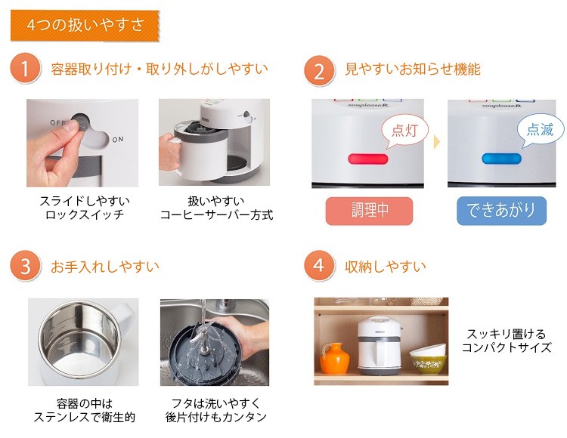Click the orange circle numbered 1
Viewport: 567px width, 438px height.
click(25, 67)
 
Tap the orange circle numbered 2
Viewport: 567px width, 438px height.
click(318, 70)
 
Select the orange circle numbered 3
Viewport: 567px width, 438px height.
click(25, 265)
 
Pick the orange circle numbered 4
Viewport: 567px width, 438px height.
click(318, 265)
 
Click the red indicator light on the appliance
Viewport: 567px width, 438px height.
click(367, 159)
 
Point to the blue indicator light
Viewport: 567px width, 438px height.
click(501, 159)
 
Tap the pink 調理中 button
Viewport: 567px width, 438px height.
click(369, 211)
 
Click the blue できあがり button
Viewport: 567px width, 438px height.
click(501, 211)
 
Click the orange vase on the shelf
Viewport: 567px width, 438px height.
click(334, 358)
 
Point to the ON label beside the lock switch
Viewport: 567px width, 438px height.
click(117, 140)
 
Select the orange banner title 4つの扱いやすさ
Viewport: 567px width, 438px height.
click(85, 25)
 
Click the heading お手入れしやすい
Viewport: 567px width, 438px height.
click(105, 267)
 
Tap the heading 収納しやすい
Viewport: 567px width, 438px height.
click(386, 267)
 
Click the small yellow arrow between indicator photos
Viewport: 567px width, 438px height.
click(437, 141)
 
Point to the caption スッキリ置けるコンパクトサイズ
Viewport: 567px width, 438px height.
click(507, 341)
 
